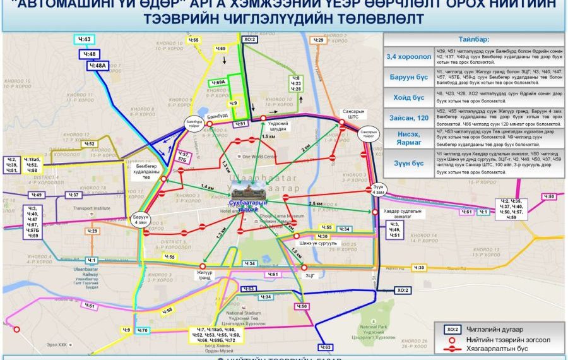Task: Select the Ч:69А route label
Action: point(219,82)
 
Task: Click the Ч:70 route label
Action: point(143,330)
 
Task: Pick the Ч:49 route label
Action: point(37,195)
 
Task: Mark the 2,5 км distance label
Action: point(316,205)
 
